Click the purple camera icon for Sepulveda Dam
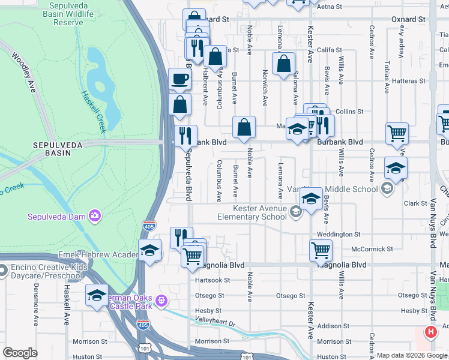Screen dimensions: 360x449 (94, 215)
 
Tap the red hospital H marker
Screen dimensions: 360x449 (430, 332)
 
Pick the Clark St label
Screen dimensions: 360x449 (415, 203)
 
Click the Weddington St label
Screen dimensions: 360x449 (339, 235)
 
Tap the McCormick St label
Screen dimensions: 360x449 (372, 248)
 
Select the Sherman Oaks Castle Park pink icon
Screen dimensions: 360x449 (161, 300)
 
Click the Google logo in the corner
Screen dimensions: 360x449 (20, 353)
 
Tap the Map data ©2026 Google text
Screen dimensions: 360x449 (412, 355)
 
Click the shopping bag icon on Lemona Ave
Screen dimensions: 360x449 (283, 64)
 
